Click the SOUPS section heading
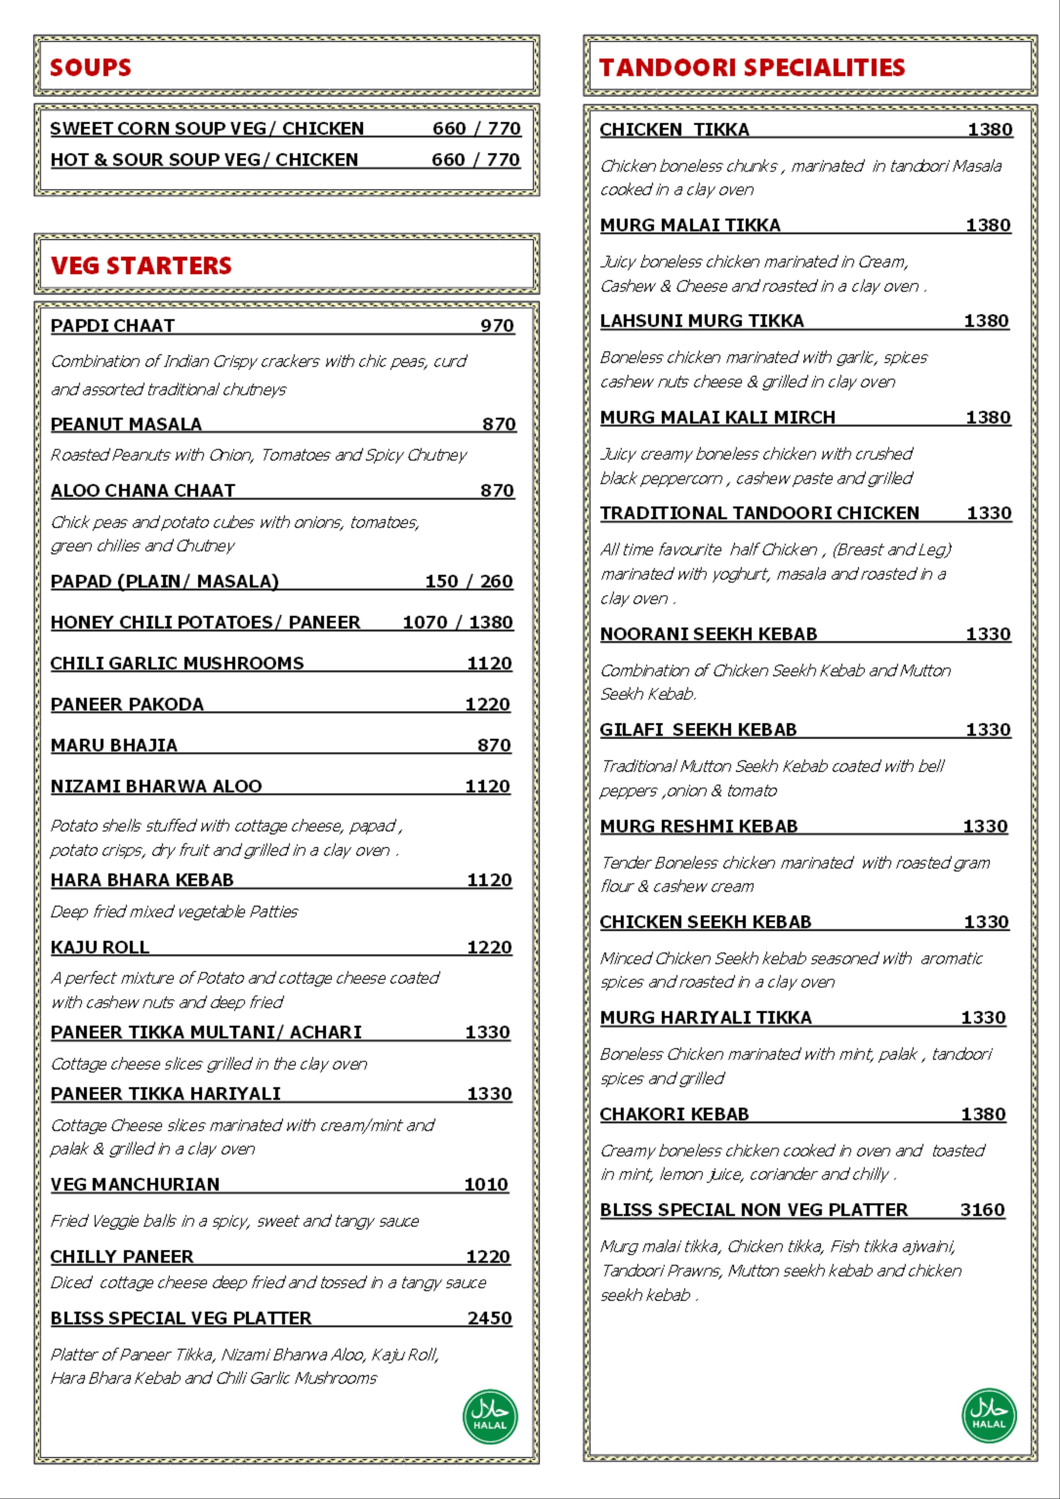pyautogui.click(x=91, y=67)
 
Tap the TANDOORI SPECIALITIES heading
pyautogui.click(x=752, y=67)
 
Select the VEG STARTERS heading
pyautogui.click(x=141, y=265)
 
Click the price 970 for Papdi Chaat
pyautogui.click(x=497, y=325)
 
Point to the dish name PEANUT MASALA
pyautogui.click(x=126, y=424)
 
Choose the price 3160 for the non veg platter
pyautogui.click(x=982, y=1210)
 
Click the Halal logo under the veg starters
pyautogui.click(x=490, y=1416)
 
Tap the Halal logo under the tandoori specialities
pyautogui.click(x=989, y=1415)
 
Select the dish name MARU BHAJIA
pyautogui.click(x=114, y=745)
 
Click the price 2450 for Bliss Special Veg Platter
pyautogui.click(x=489, y=1318)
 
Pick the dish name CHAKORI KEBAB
pyautogui.click(x=674, y=1114)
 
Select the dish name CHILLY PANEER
pyautogui.click(x=122, y=1256)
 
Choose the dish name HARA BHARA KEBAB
pyautogui.click(x=142, y=879)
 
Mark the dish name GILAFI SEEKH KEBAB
pyautogui.click(x=698, y=729)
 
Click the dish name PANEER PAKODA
pyautogui.click(x=127, y=704)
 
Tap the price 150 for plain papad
pyautogui.click(x=442, y=581)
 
